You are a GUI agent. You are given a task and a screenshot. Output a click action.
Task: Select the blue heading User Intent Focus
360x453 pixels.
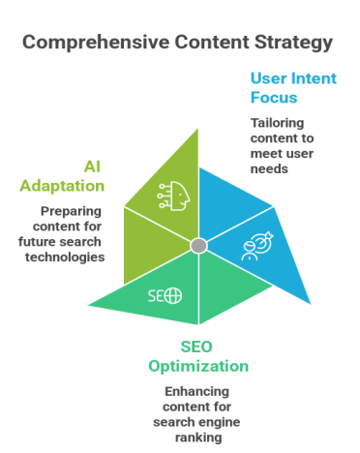click(x=280, y=88)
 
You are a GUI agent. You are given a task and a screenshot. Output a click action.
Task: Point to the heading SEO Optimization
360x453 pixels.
click(x=197, y=356)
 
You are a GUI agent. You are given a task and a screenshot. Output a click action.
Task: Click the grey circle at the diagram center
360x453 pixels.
click(x=197, y=246)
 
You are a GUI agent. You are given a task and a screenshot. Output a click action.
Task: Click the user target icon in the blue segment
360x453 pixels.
click(x=254, y=247)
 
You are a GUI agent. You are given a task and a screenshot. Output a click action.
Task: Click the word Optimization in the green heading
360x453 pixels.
click(x=197, y=366)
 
